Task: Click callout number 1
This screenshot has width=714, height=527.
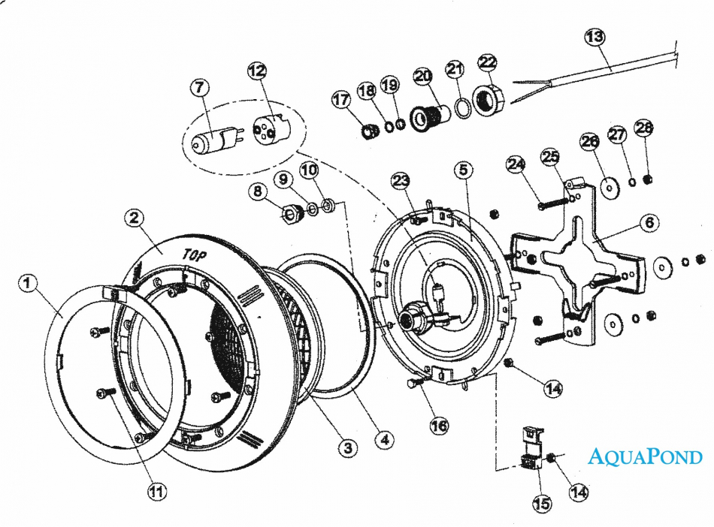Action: [x=27, y=284]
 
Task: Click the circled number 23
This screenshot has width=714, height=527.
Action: [x=401, y=180]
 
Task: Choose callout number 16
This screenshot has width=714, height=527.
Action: [x=439, y=426]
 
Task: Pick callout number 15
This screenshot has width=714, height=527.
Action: [x=541, y=504]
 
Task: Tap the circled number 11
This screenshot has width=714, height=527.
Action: [x=156, y=492]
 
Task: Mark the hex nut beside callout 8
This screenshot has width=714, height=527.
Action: [x=289, y=215]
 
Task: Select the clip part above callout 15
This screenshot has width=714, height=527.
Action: [x=533, y=450]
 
